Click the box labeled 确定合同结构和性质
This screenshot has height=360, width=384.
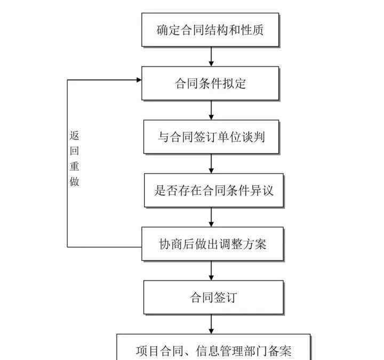[x=210, y=30]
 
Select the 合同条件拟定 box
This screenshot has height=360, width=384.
[x=210, y=83]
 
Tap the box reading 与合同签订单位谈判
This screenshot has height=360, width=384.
[x=211, y=137]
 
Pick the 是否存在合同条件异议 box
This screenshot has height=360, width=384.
[x=214, y=190]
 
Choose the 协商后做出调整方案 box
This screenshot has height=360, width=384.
[x=213, y=244]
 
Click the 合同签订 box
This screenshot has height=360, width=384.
[x=213, y=297]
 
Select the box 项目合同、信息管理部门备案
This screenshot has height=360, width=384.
[x=213, y=347]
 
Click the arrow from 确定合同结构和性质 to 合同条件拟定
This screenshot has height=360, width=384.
[x=211, y=57]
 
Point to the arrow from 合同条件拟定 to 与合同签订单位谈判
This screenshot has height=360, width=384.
[x=211, y=110]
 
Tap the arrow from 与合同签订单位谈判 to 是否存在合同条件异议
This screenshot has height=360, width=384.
[x=211, y=163]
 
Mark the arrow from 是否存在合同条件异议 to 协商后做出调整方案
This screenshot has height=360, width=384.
[x=211, y=217]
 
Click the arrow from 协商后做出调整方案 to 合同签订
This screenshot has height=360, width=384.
[x=211, y=270]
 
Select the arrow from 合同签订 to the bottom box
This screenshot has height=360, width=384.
[x=211, y=324]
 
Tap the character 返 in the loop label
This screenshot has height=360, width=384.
[x=75, y=135]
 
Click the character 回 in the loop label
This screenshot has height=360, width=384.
[x=75, y=151]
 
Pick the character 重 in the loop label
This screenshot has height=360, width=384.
[x=75, y=166]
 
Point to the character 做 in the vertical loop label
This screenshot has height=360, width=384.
[x=75, y=182]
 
